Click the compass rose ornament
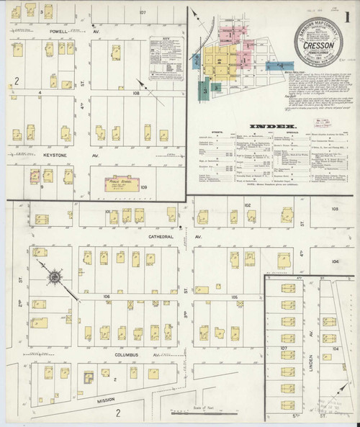pos(55,276)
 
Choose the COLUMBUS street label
pos(125,354)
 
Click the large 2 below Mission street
pos(117,413)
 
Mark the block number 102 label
pos(247,206)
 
